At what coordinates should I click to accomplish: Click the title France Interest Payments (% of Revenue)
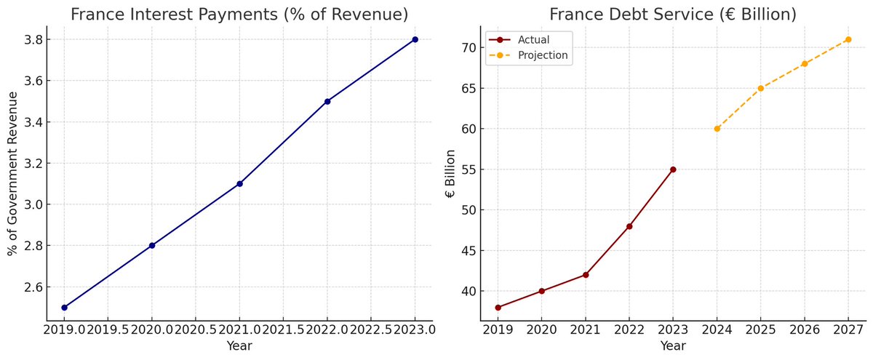point(239,15)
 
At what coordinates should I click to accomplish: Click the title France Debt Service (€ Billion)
point(673,15)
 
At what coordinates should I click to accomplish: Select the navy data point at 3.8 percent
point(415,39)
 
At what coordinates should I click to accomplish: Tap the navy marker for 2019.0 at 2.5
point(64,308)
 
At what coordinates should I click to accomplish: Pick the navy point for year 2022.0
point(327,101)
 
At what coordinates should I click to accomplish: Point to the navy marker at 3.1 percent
point(239,184)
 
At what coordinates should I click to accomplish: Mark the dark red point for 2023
point(673,169)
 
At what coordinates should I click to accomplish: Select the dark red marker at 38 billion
point(498,308)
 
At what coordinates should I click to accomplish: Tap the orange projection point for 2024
point(717,129)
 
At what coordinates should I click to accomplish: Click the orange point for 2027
point(848,39)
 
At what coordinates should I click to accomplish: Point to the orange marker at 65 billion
point(760,88)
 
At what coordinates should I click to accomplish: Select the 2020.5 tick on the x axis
point(196,329)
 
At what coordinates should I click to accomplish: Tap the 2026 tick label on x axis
point(804,329)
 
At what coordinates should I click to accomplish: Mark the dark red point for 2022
point(629,226)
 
